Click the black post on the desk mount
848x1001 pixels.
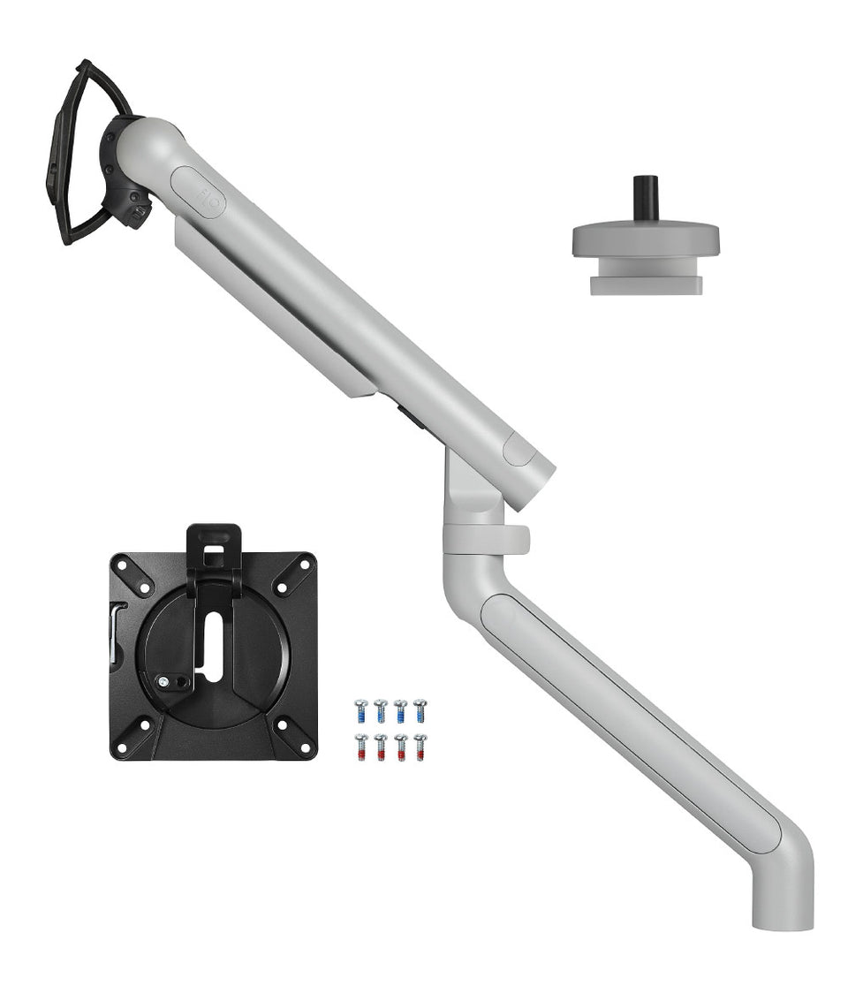pos(646,199)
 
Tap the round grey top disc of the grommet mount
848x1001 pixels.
pos(646,238)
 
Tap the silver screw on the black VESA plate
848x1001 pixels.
pos(164,680)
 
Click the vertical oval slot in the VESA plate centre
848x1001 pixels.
pos(215,645)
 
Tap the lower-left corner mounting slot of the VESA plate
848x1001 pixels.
pos(132,735)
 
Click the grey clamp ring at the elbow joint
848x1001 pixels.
pos(486,539)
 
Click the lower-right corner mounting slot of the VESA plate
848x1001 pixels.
pos(293,735)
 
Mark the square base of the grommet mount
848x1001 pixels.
pos(646,284)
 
